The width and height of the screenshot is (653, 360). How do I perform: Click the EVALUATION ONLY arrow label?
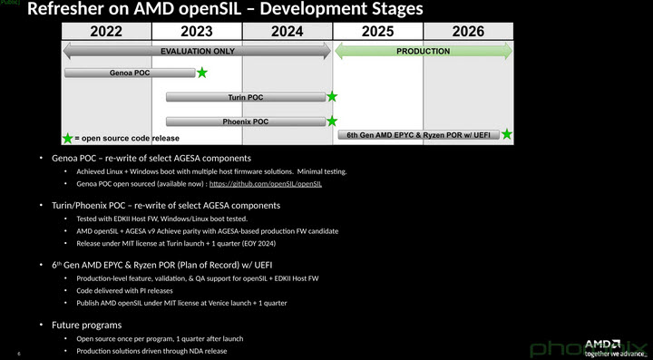click(197, 52)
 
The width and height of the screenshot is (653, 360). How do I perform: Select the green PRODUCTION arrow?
click(424, 52)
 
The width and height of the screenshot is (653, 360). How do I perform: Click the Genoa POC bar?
click(130, 72)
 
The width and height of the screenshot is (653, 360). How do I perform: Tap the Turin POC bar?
click(246, 96)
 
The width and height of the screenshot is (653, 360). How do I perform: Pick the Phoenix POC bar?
click(246, 121)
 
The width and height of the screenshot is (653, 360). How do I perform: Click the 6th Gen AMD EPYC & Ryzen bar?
click(418, 135)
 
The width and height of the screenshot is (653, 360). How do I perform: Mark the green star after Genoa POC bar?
click(201, 72)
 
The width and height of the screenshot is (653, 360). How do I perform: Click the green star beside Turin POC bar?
click(332, 96)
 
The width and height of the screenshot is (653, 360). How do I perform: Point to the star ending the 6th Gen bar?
click(507, 134)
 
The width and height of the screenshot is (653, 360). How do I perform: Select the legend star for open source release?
click(68, 139)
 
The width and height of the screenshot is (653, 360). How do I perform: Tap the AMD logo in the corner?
click(601, 345)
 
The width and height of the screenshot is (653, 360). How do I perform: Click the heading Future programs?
click(88, 324)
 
